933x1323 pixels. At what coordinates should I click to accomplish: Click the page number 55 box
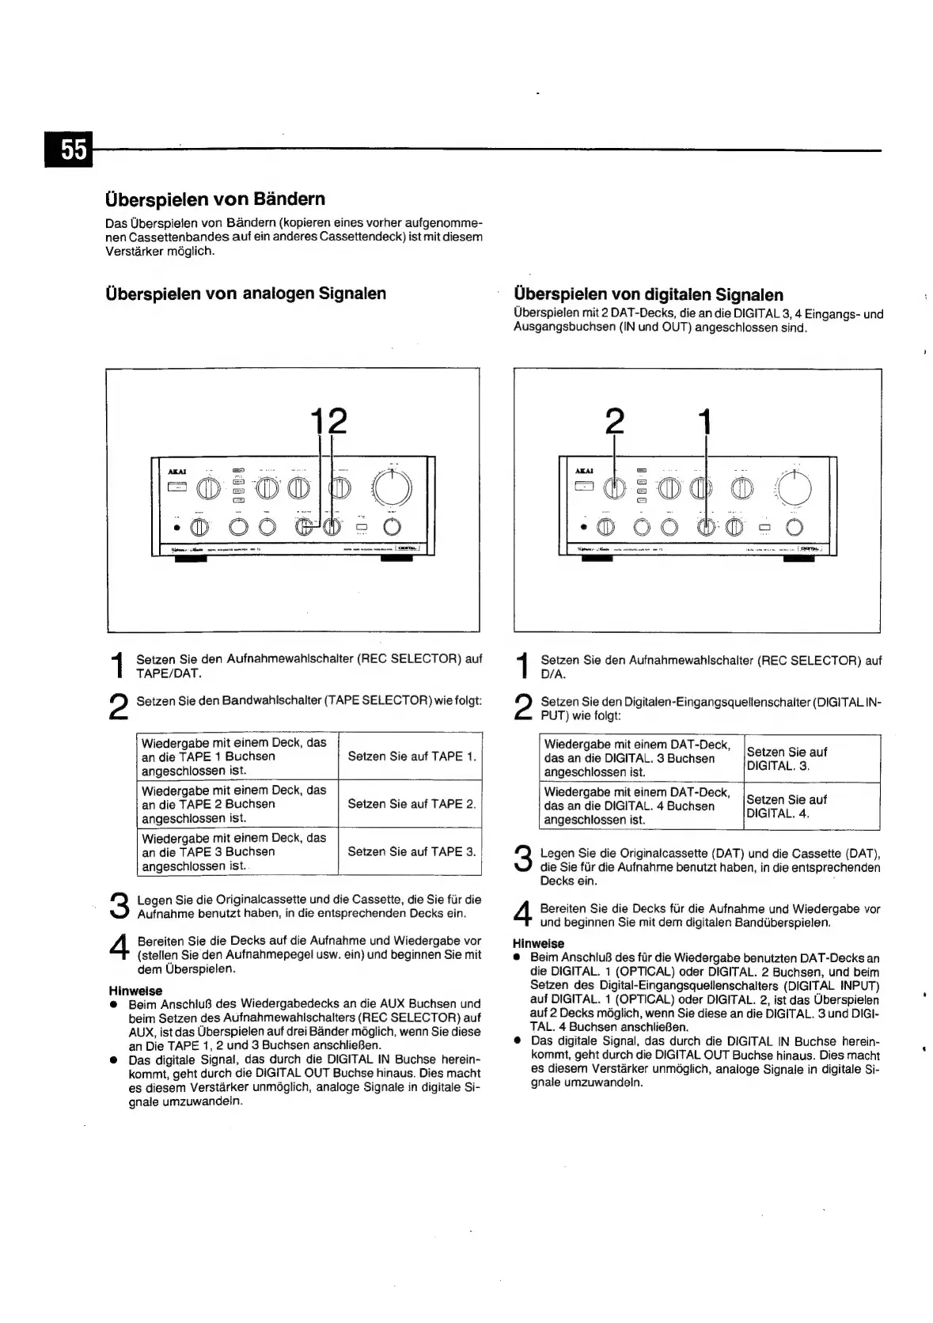click(x=74, y=150)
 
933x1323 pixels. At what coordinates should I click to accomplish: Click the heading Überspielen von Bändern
click(x=214, y=199)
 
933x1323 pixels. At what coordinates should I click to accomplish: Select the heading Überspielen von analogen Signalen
click(x=245, y=294)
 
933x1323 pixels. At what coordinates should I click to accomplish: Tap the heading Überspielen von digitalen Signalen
click(x=648, y=295)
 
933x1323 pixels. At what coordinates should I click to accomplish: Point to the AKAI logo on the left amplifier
click(x=176, y=472)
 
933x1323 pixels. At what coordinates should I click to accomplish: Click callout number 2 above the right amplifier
click(x=614, y=421)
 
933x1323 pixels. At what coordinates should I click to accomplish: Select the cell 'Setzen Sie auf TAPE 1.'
click(x=412, y=756)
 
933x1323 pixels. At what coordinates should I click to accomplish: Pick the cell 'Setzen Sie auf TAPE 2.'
click(x=412, y=804)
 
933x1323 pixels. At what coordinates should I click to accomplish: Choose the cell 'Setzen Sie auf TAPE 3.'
click(x=412, y=852)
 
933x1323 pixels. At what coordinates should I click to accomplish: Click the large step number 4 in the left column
click(x=118, y=949)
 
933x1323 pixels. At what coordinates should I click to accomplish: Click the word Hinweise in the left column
click(x=135, y=991)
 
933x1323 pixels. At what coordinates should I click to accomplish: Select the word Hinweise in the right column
click(x=538, y=943)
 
